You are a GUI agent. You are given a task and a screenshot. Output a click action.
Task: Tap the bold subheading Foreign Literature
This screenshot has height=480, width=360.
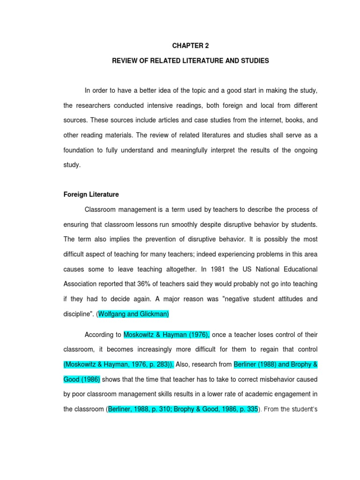pos(91,194)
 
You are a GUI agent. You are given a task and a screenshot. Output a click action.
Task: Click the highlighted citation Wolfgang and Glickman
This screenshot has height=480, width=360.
pos(133,314)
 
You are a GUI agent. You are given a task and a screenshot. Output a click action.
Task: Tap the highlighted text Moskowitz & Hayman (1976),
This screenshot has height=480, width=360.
pos(167,335)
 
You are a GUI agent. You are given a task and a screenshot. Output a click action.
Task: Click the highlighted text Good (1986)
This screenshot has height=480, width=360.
pos(82,380)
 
